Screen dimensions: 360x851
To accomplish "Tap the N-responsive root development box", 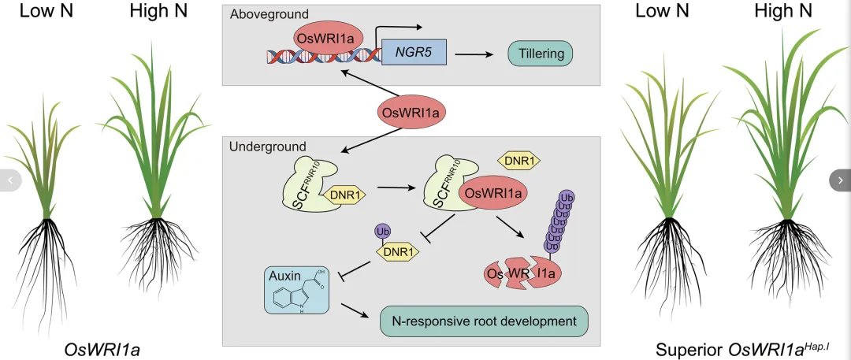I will (x=485, y=321).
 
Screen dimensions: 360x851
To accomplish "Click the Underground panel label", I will (x=267, y=147).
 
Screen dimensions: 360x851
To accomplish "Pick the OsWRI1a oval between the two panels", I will (x=410, y=113).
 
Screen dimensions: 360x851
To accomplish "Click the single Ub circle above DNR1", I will (x=383, y=232).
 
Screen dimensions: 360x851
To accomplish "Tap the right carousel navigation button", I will (x=840, y=180).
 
